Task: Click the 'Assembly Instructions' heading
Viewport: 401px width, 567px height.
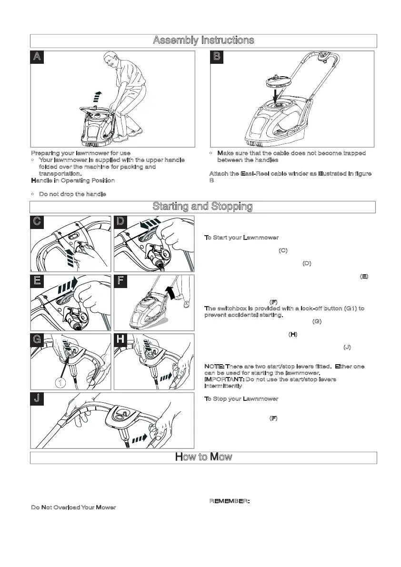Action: (203, 40)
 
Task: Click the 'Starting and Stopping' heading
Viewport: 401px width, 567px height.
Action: (202, 207)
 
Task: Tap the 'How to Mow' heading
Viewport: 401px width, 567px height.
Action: (203, 458)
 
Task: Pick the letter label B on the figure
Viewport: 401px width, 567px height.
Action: (217, 57)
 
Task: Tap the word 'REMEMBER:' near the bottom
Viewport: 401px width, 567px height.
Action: (230, 501)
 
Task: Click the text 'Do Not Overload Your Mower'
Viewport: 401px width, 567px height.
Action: (73, 507)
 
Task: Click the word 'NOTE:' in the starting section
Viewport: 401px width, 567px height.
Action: (214, 367)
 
